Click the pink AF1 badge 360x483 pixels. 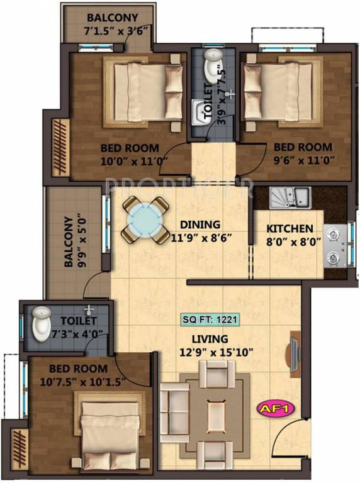pyautogui.click(x=276, y=408)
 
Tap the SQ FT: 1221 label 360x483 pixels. pyautogui.click(x=210, y=319)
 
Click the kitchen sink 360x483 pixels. pyautogui.click(x=290, y=196)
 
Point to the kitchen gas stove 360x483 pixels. pyautogui.click(x=335, y=245)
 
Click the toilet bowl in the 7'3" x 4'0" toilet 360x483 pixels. pyautogui.click(x=42, y=324)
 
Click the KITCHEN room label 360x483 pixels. pyautogui.click(x=290, y=229)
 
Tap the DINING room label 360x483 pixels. pyautogui.click(x=200, y=225)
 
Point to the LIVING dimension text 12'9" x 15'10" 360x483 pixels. pyautogui.click(x=217, y=352)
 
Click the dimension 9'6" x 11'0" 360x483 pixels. pyautogui.click(x=304, y=160)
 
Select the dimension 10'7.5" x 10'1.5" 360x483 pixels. pyautogui.click(x=82, y=382)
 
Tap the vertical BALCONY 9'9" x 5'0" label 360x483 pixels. pyautogui.click(x=74, y=242)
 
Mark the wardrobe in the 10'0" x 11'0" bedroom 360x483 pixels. pyautogui.click(x=60, y=148)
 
